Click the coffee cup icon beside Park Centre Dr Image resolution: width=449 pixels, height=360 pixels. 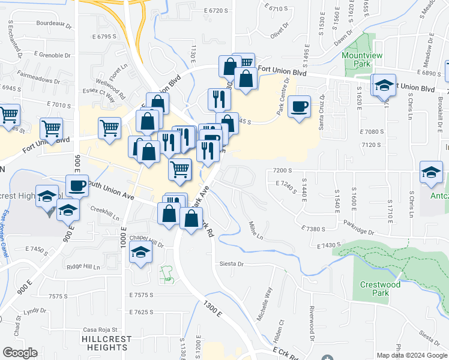(299, 107)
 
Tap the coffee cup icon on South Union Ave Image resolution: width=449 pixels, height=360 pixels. (77, 185)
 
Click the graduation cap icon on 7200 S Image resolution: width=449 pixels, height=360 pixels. (431, 173)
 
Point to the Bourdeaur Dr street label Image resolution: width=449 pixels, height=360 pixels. (53, 26)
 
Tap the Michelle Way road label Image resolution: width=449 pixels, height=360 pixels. (265, 303)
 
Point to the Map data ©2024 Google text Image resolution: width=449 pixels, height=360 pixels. (411, 355)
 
